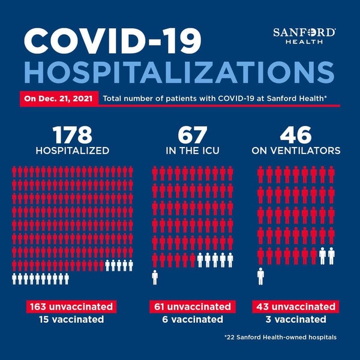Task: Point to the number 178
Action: [x=74, y=133]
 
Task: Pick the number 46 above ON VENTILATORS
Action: [x=295, y=133]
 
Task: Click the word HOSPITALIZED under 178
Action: [x=74, y=150]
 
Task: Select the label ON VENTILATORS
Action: [x=295, y=150]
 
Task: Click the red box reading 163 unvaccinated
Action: [x=70, y=307]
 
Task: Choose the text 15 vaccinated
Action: [x=70, y=319]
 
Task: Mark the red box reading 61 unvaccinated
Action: [x=190, y=307]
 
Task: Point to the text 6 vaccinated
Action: [x=190, y=319]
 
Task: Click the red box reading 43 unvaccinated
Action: [x=295, y=307]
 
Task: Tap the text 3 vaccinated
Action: [x=295, y=319]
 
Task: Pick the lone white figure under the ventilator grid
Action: [x=261, y=276]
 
